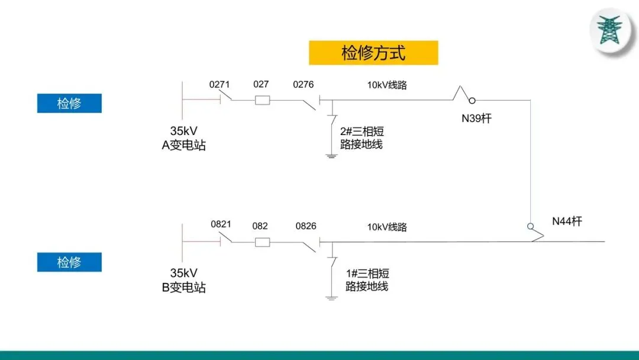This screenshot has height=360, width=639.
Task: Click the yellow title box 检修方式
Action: pos(373,53)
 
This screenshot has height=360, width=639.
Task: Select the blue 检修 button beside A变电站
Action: pos(69,103)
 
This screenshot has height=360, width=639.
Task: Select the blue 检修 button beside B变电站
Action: pos(69,262)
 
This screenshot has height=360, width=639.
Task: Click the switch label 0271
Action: pos(220,84)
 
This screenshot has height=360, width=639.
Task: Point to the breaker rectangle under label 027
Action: pos(263,100)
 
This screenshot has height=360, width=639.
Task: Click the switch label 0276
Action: pos(304,84)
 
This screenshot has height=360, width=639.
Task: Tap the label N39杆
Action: pos(476,118)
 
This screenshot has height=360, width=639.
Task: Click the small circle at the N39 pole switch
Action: pos(473,100)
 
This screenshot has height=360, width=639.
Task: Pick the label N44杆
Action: pos(567,221)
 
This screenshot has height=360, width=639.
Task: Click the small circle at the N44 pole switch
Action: pos(530,226)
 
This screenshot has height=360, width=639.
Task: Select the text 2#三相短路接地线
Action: pos(362,137)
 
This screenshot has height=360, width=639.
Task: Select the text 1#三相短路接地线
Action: pos(367,279)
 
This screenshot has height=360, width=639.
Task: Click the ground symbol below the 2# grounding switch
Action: pos(331,156)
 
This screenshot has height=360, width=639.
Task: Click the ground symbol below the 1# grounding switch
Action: pos(331,297)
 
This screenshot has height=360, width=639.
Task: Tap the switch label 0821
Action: pos(221,224)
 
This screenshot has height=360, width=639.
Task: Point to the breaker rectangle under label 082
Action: pos(263,242)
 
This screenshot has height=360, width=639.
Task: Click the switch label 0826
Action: pos(306,226)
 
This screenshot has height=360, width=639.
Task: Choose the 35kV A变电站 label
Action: pos(184,139)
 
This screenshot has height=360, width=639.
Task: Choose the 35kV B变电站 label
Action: pos(184,281)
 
